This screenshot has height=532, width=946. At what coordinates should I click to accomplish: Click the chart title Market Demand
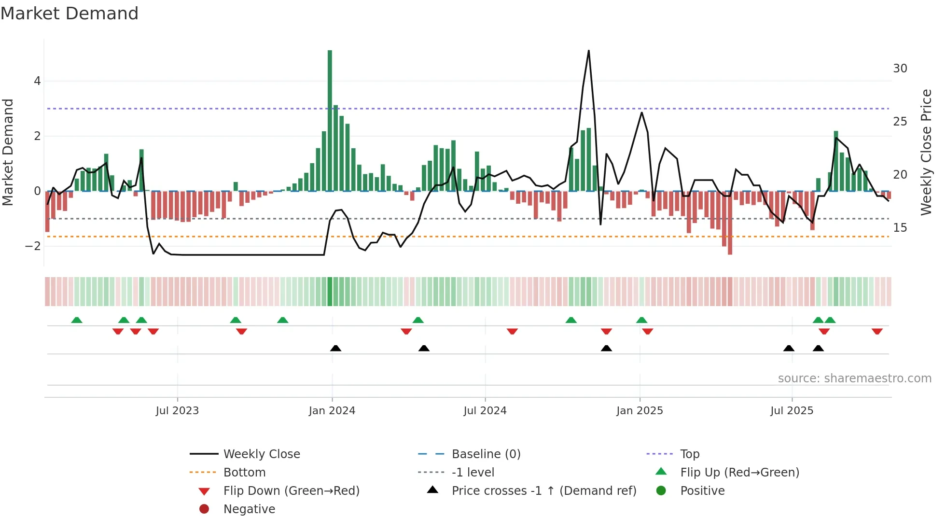(69, 14)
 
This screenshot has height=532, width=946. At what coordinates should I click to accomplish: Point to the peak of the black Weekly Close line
(588, 51)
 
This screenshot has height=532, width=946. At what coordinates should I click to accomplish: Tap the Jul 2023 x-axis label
(177, 411)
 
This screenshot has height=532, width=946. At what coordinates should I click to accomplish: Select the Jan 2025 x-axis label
(640, 411)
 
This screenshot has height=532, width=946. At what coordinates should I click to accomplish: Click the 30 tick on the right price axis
(900, 69)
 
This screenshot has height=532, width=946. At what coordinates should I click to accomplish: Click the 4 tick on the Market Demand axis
(37, 81)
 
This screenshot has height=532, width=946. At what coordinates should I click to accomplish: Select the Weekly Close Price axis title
(926, 152)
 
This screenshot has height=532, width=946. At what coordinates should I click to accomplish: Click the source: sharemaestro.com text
(854, 378)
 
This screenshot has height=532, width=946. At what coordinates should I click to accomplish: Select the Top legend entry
(689, 454)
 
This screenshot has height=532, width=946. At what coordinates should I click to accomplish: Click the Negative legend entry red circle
(204, 509)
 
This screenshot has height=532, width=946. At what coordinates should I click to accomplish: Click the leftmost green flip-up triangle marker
(77, 320)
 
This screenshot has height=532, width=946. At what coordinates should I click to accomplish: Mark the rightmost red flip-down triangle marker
(877, 331)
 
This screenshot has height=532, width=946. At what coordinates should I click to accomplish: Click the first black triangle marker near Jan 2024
(335, 348)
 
